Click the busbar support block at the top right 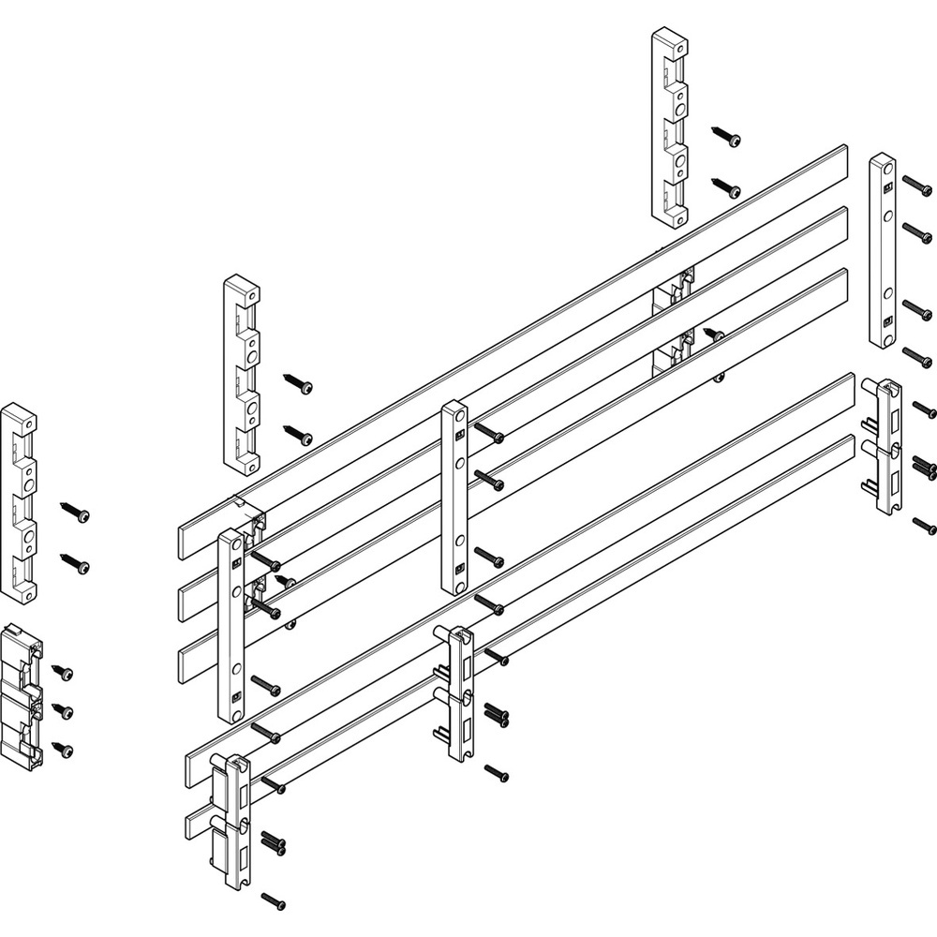(669, 127)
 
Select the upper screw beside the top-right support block (725, 136)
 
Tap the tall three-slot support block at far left (19, 502)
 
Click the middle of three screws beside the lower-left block (63, 709)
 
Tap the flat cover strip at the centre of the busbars (454, 498)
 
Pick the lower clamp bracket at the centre (458, 693)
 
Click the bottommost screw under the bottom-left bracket (274, 900)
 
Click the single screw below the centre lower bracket (497, 773)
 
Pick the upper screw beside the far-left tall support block (75, 513)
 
